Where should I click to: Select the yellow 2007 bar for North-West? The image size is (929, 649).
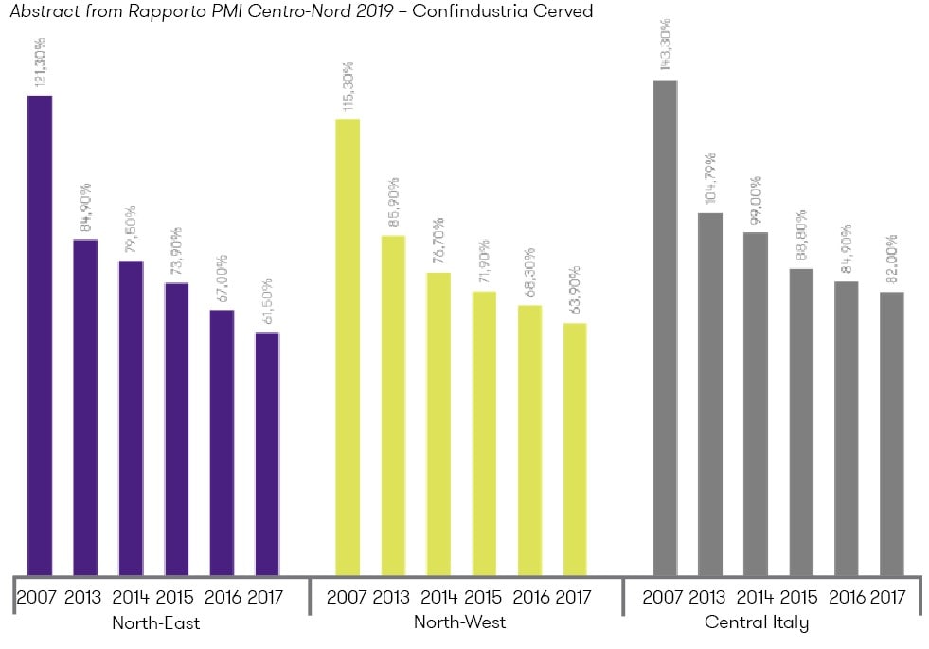348,347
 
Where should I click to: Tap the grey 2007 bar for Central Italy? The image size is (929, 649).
665,327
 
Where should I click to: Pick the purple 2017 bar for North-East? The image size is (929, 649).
268,453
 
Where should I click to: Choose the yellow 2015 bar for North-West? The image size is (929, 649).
484,432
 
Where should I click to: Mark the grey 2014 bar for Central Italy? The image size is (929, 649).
756,403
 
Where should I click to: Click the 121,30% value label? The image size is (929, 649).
40,63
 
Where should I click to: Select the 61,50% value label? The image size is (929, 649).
268,301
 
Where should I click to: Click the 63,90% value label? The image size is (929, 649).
575,292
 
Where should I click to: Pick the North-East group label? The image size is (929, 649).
155,623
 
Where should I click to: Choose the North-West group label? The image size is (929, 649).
460,622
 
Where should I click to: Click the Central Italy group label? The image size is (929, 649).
757,622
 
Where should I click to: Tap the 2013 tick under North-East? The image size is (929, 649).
83,598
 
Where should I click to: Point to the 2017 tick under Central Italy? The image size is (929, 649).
887,598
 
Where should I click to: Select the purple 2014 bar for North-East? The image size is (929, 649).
131,417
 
